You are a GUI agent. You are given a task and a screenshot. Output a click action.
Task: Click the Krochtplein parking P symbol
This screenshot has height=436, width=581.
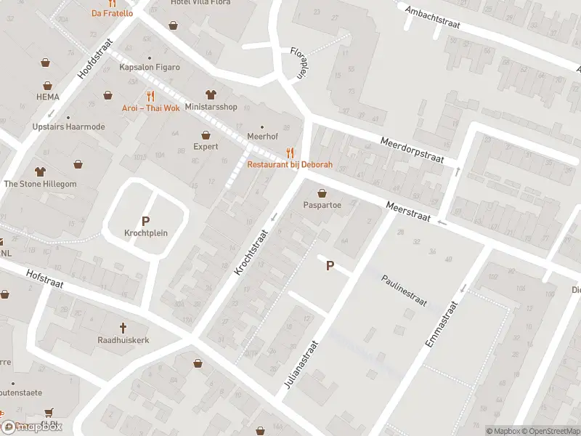(x=145, y=221)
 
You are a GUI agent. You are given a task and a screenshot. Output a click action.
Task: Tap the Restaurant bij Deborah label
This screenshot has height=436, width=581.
(x=290, y=165)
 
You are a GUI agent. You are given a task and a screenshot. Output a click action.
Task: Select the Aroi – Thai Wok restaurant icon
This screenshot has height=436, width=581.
(x=150, y=95)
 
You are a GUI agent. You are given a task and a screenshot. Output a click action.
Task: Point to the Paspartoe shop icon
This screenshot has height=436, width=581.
(x=322, y=193)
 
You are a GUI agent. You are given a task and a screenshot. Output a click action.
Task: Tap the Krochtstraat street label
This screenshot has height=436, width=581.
(x=252, y=252)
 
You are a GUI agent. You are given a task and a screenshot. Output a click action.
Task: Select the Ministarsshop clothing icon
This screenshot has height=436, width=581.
(x=211, y=94)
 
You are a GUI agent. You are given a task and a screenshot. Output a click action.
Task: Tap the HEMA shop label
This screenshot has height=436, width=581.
(x=48, y=96)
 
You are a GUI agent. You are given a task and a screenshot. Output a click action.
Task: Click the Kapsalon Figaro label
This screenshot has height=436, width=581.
(x=150, y=68)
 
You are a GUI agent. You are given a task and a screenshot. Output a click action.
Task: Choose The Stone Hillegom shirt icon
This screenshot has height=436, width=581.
(x=39, y=171)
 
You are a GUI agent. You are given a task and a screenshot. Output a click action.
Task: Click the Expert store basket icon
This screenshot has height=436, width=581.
(x=206, y=134)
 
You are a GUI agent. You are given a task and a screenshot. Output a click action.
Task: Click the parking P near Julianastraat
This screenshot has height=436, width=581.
(x=330, y=266)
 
